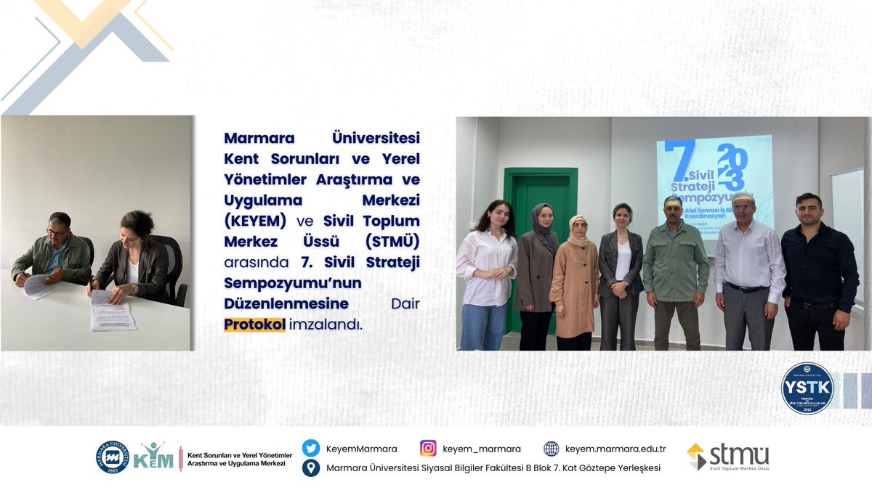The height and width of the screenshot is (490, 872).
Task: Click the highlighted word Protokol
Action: click(x=255, y=324)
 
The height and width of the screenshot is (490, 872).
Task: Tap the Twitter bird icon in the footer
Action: click(x=311, y=449)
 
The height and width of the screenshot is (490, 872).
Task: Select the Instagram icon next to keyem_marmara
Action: click(x=429, y=449)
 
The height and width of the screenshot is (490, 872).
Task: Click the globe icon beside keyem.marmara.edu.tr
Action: click(x=552, y=449)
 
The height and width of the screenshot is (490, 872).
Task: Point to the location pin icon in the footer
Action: click(x=311, y=468)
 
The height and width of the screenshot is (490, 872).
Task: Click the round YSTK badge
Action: click(x=807, y=388)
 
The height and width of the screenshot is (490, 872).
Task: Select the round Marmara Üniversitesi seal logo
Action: click(x=113, y=457)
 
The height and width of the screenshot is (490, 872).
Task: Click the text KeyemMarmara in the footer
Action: click(x=351, y=449)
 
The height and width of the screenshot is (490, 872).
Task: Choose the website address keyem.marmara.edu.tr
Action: click(x=615, y=449)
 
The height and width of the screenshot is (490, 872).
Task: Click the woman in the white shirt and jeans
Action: click(x=486, y=276)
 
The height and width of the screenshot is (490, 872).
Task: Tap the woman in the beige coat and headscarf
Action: click(x=573, y=283)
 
